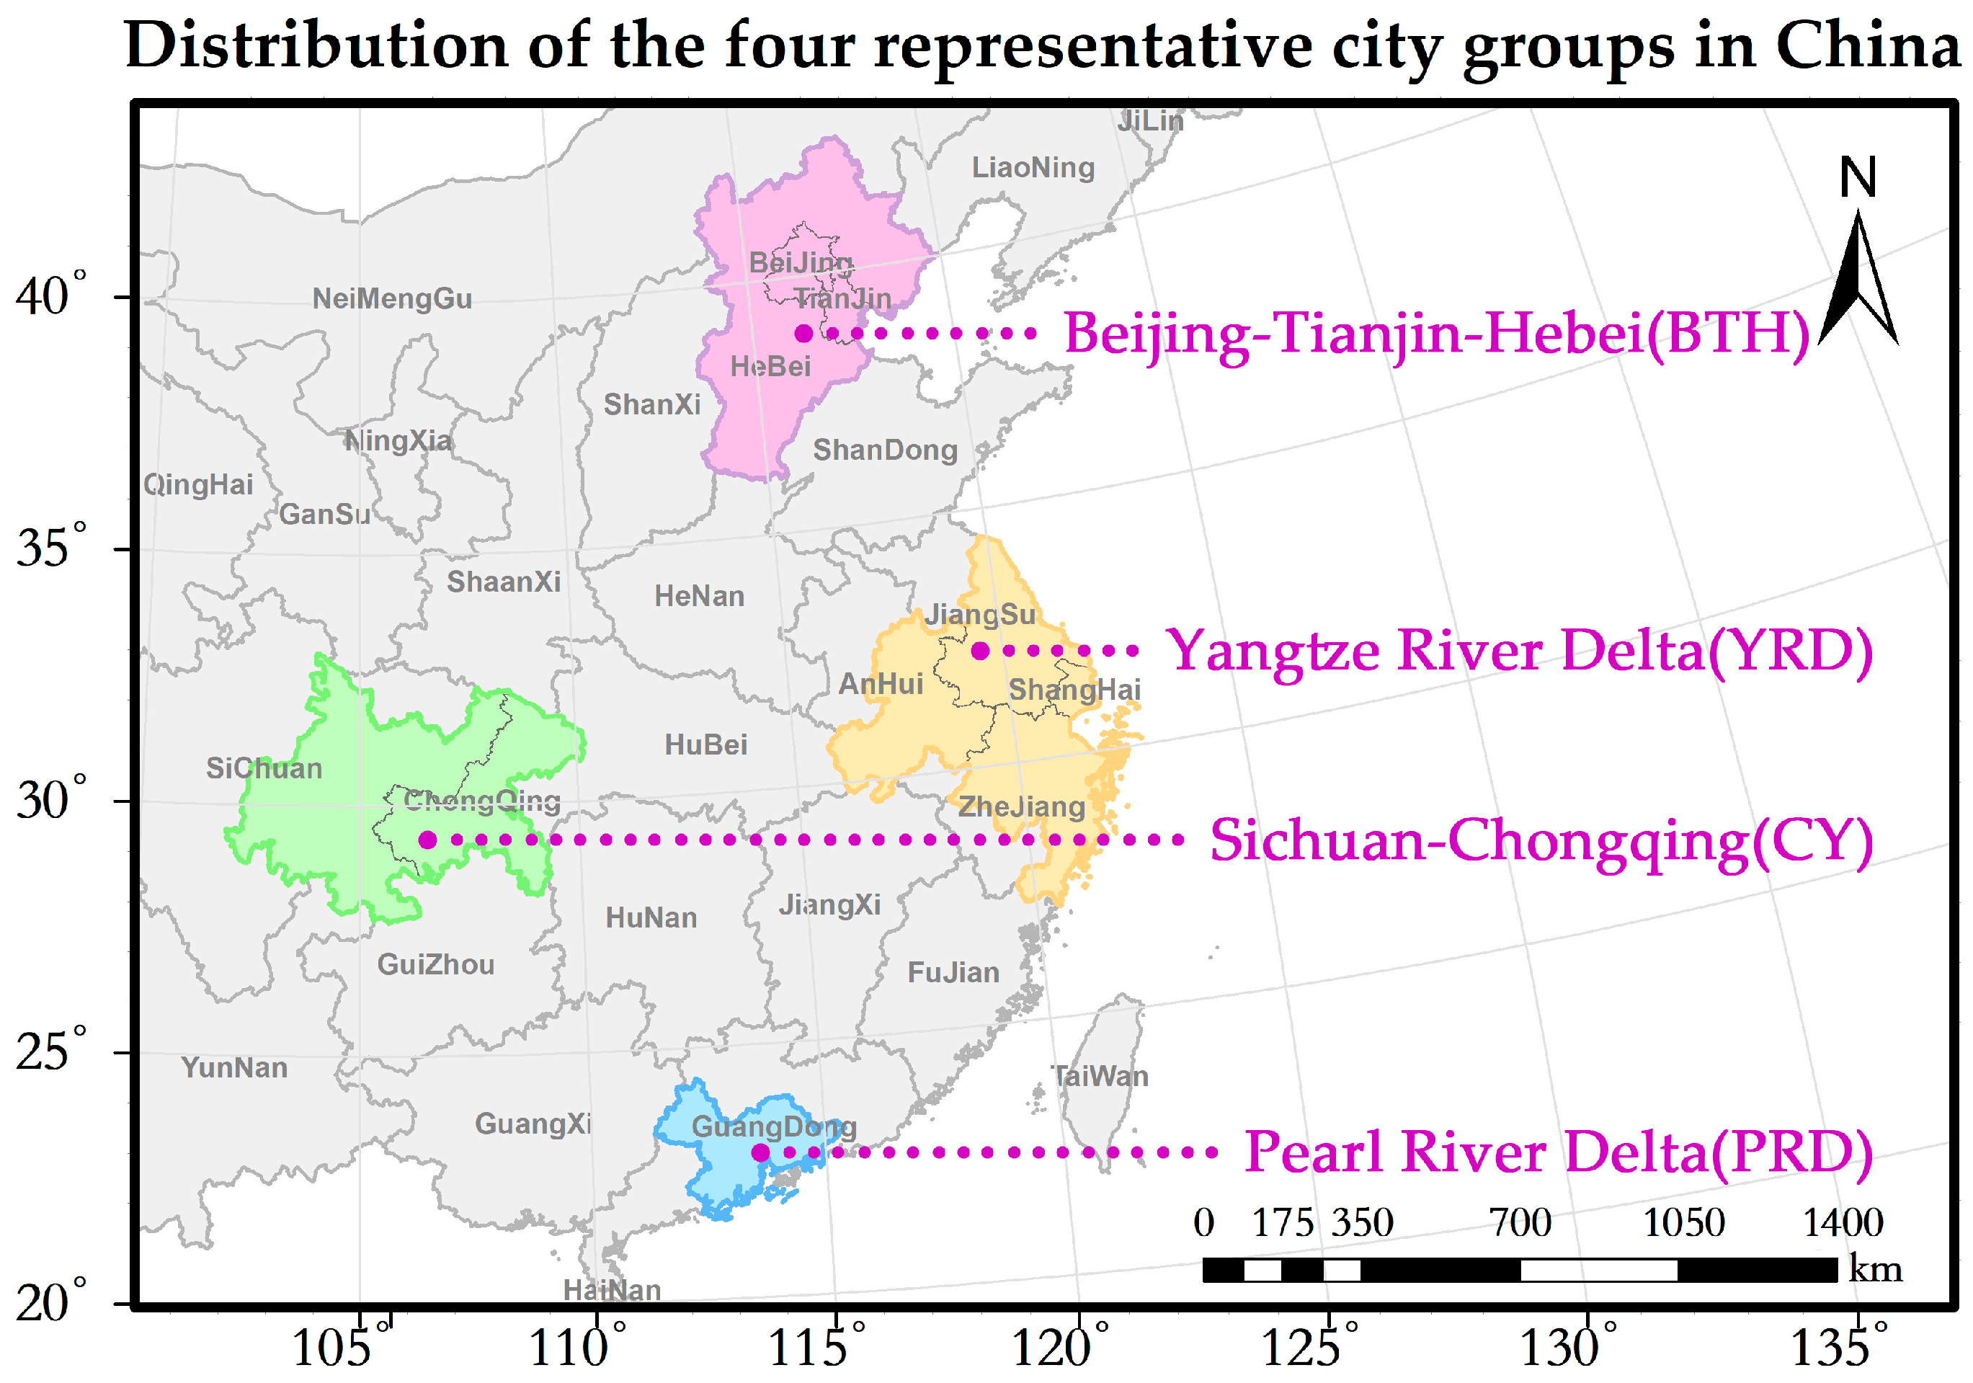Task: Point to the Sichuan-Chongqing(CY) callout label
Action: pos(1541,840)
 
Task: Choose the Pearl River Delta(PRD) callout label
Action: pos(1558,1152)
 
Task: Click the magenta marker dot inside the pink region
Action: pos(803,334)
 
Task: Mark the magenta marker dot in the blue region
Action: pos(760,1152)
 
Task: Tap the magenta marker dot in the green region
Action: pos(427,840)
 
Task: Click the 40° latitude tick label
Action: pos(52,296)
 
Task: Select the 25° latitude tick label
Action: pos(52,1050)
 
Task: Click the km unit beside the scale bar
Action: pos(1875,1268)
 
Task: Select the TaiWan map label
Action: pos(1100,1076)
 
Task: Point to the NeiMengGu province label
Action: pos(392,299)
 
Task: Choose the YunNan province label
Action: pos(233,1067)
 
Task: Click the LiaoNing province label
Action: pos(1033,168)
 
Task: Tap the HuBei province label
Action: pos(705,744)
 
